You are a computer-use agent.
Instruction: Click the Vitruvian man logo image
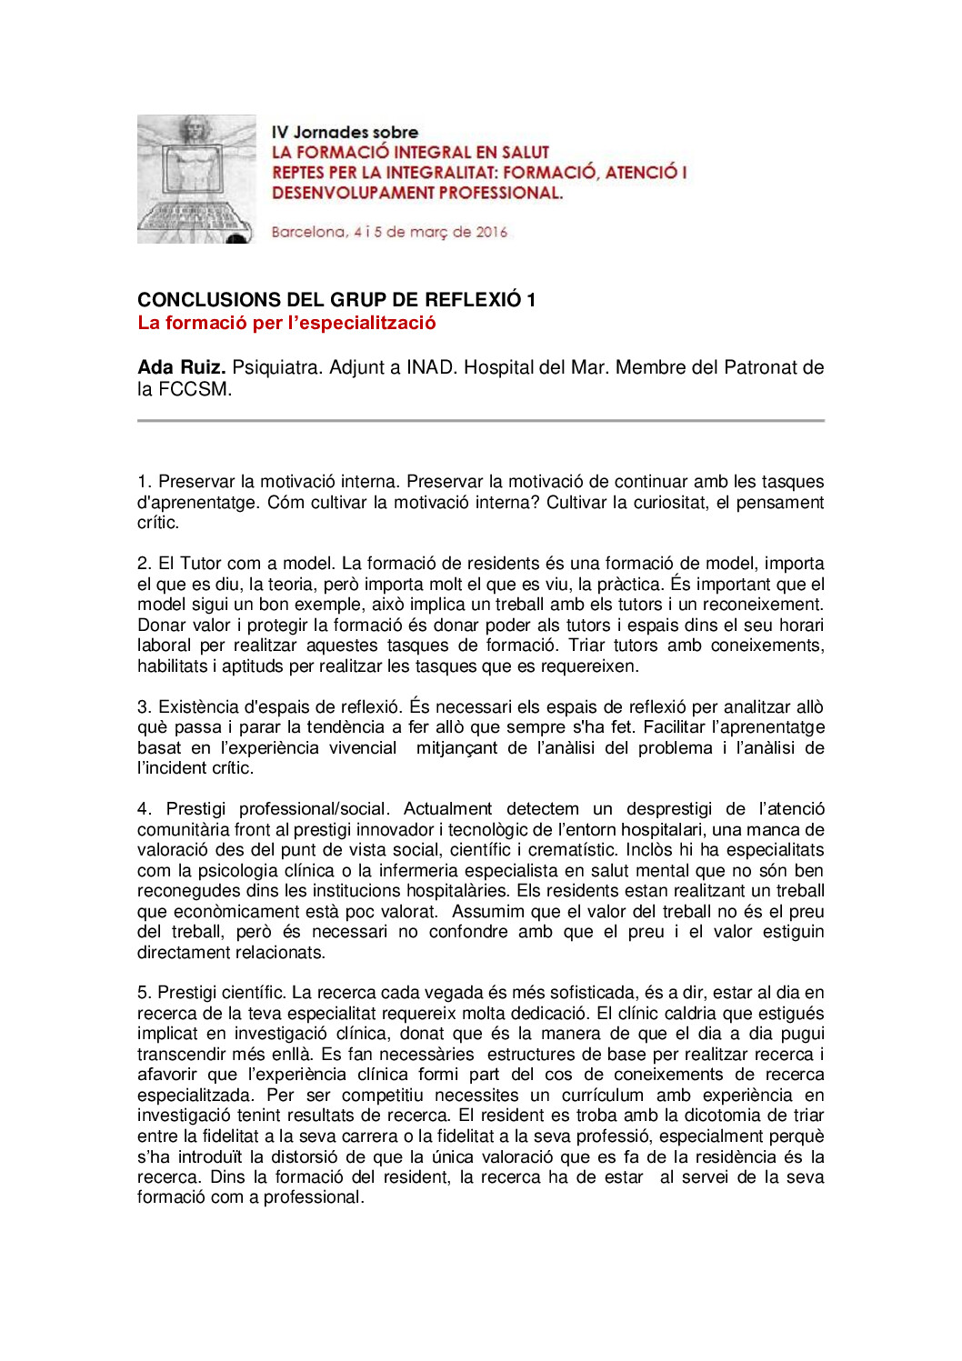(x=196, y=179)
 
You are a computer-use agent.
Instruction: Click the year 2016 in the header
(x=491, y=232)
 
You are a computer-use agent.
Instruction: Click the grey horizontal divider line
(x=480, y=421)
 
